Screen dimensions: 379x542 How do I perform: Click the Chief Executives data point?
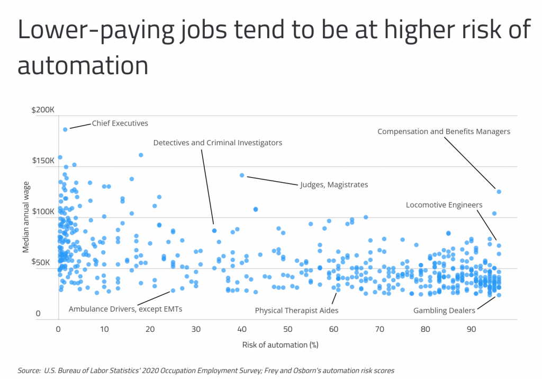65,129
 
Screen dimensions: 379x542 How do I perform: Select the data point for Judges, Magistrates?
242,175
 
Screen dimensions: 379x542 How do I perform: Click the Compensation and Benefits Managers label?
444,131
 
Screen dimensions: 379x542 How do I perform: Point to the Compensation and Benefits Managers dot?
499,191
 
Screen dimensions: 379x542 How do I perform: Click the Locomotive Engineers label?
444,205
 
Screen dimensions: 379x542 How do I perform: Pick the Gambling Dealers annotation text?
444,311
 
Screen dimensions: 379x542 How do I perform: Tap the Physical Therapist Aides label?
296,311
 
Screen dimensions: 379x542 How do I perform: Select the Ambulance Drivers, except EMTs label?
125,309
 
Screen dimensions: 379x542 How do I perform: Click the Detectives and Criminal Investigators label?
218,143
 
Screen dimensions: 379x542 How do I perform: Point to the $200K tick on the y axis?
43,110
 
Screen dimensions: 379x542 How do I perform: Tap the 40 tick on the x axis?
242,329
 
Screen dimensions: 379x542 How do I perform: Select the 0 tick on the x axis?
58,329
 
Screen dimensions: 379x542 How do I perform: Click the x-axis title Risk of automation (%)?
280,345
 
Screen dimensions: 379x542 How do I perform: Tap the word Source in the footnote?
29,371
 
